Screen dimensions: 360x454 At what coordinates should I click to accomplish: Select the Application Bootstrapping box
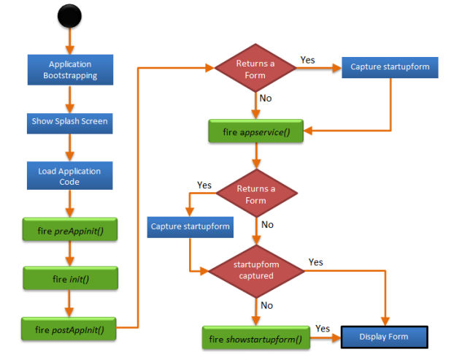[70, 69]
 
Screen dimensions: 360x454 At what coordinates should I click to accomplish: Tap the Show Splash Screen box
[70, 121]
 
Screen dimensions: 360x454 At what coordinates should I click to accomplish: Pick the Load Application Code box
[70, 176]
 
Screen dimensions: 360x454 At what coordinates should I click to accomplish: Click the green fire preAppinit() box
[70, 231]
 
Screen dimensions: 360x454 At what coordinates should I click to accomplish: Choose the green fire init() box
[70, 278]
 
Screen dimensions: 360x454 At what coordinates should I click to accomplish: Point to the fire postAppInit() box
[70, 329]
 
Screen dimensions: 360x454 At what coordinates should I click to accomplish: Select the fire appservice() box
[255, 132]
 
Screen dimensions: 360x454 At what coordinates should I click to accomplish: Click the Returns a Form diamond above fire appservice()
[255, 69]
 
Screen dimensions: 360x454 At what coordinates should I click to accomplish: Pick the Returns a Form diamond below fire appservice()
[255, 194]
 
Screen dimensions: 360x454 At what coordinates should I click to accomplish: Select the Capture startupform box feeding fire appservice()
[389, 67]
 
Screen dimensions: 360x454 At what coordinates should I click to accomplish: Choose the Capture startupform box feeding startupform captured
[190, 226]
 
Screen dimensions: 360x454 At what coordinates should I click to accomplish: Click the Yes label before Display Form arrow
[322, 329]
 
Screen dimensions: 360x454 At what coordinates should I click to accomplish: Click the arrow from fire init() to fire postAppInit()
[70, 303]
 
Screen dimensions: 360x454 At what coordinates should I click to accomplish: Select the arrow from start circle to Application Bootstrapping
[70, 41]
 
